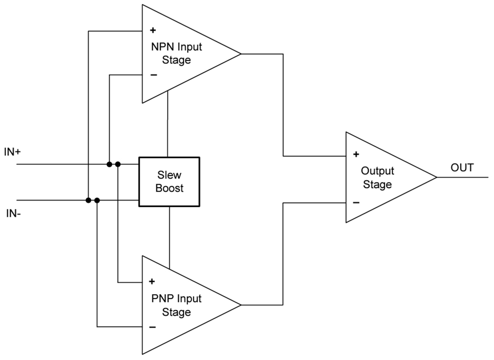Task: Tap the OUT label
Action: [462, 168]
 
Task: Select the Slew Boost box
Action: [169, 181]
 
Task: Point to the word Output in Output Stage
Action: [377, 171]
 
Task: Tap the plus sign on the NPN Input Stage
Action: [153, 31]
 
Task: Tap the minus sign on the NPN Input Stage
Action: [153, 75]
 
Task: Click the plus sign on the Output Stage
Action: [356, 155]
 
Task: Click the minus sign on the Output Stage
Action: [356, 202]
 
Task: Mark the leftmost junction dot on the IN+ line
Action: [109, 164]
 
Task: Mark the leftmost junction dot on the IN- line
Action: [88, 200]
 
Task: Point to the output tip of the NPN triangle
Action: [240, 54]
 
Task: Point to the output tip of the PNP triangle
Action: [240, 305]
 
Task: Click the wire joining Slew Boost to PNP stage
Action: [169, 237]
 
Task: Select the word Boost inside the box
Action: [169, 189]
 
